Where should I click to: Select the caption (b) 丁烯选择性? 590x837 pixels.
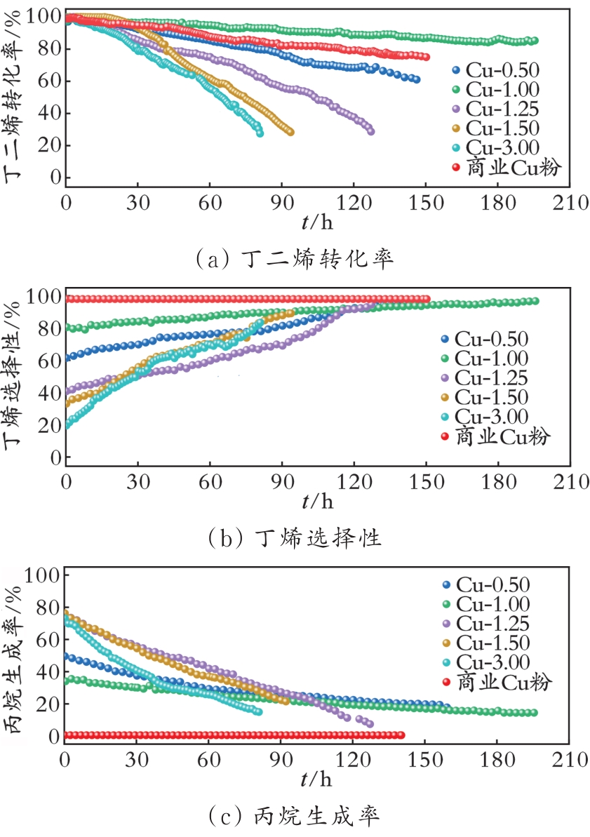click(295, 538)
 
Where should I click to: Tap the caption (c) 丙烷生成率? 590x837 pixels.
click(295, 816)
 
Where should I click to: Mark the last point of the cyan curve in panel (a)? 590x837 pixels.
click(260, 133)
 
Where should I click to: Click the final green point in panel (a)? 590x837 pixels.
click(535, 41)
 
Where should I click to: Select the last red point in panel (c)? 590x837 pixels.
click(401, 735)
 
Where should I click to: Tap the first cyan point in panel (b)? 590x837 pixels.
click(67, 425)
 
